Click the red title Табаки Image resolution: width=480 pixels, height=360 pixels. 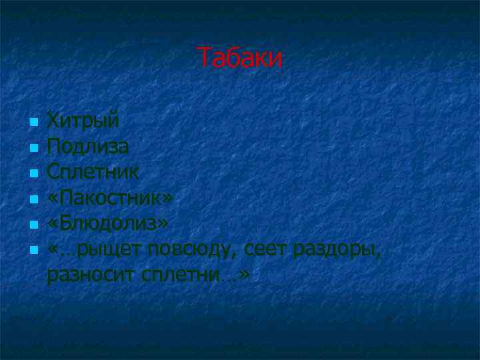tap(240, 59)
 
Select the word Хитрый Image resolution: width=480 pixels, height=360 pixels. tap(83, 122)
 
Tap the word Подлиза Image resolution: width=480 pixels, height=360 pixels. tap(88, 147)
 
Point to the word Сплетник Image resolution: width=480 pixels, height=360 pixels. tap(93, 172)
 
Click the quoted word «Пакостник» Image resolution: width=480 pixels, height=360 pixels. tap(110, 198)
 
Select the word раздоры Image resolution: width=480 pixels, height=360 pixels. tap(337, 249)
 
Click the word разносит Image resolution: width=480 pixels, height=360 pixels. tap(91, 274)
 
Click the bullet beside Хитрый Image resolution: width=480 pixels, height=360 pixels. tap(33, 123)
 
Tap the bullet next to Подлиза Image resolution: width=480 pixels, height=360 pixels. tap(33, 149)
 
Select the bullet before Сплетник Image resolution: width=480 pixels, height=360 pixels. tap(33, 173)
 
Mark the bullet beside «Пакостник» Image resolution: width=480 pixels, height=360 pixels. tap(33, 199)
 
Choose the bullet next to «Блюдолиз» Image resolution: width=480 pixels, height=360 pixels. tap(33, 224)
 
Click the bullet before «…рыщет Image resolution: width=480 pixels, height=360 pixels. tap(33, 251)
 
